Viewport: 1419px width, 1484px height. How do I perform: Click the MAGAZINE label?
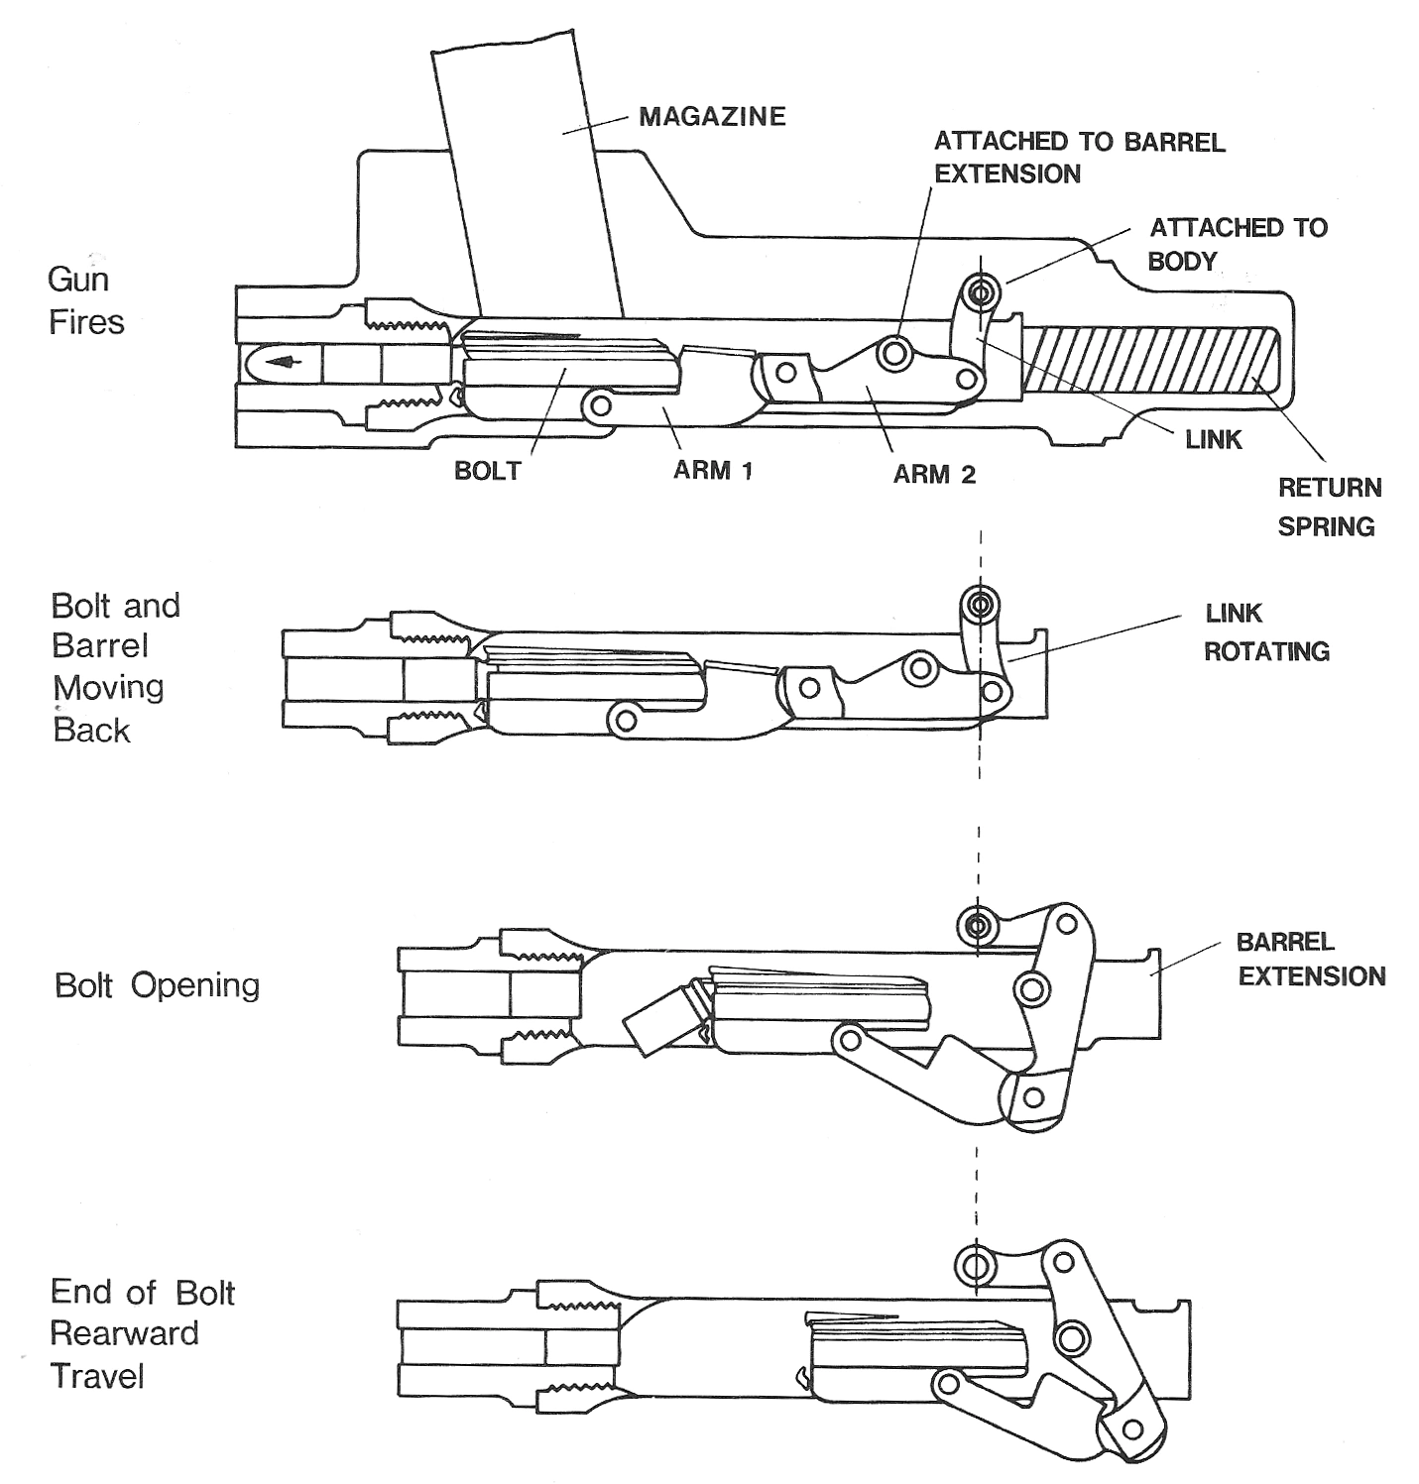(712, 117)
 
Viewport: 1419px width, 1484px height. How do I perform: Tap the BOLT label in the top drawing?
(487, 471)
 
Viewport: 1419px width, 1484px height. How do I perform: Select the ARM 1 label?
(713, 470)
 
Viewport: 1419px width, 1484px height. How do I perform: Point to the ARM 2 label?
(934, 475)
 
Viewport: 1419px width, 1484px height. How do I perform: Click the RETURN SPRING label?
(1329, 507)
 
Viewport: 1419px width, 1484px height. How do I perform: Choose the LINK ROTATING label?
(1266, 632)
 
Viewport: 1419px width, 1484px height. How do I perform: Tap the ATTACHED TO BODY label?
(1238, 244)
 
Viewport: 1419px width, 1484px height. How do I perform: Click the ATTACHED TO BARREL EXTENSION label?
(1079, 158)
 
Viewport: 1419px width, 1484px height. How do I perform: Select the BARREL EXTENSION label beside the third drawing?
(1311, 959)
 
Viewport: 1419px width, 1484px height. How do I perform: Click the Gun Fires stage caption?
(86, 300)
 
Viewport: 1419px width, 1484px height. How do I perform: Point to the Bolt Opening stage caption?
(157, 985)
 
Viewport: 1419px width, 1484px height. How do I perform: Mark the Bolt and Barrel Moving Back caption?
(115, 667)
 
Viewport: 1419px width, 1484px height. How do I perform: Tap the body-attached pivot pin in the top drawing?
(982, 292)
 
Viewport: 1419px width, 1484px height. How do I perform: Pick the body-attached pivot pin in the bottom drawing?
(975, 1265)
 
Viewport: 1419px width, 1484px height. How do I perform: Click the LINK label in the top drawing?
(1214, 439)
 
